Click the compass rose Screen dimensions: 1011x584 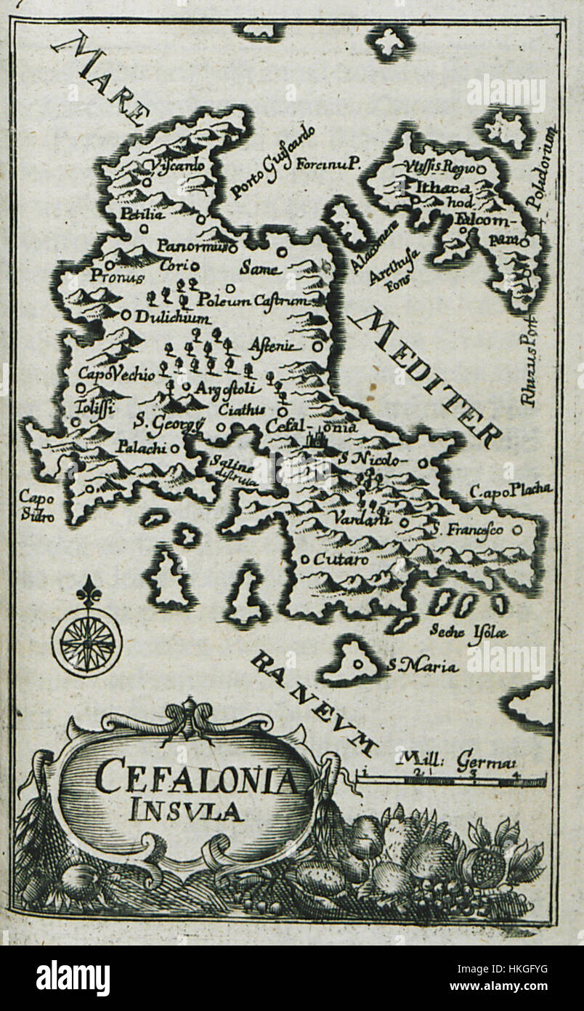click(87, 640)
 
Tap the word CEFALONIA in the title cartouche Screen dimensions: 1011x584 click(196, 780)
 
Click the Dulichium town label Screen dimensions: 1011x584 click(173, 318)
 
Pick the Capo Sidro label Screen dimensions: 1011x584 click(33, 505)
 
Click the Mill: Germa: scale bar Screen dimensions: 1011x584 click(450, 780)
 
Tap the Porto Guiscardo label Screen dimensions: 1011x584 click(262, 161)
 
